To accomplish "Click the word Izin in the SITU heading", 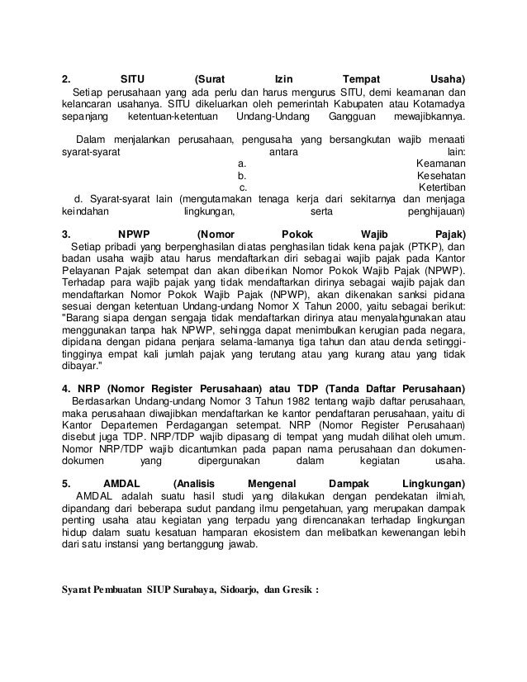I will click(283, 79).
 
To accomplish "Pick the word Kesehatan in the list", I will click(439, 175).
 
